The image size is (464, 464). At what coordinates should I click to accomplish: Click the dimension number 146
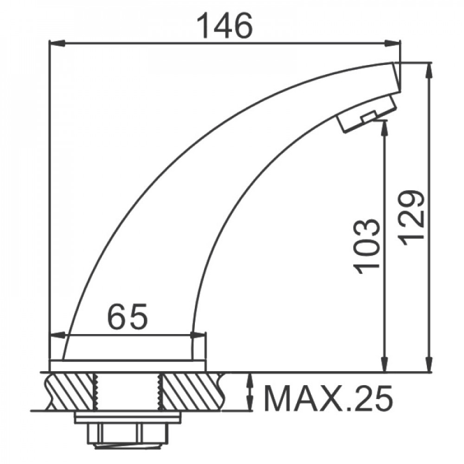225,26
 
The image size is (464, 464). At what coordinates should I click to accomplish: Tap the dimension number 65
128,316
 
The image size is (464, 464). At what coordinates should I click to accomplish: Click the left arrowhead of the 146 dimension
57,43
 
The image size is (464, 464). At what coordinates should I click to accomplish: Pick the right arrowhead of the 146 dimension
393,43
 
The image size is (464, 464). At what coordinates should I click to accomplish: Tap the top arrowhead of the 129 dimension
429,71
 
